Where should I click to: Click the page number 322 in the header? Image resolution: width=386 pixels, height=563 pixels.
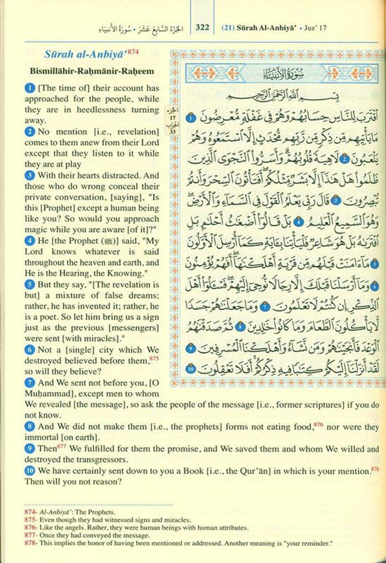[x=202, y=27]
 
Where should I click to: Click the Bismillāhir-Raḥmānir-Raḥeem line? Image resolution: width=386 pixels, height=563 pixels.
[x=92, y=71]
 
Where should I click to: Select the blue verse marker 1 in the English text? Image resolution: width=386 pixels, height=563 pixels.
[x=29, y=88]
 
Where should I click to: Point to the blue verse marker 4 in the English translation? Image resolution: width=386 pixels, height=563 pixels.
[x=29, y=241]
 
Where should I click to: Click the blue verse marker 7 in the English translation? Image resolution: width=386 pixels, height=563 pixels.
[x=29, y=383]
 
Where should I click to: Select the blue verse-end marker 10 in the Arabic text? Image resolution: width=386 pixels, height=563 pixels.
[x=191, y=368]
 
